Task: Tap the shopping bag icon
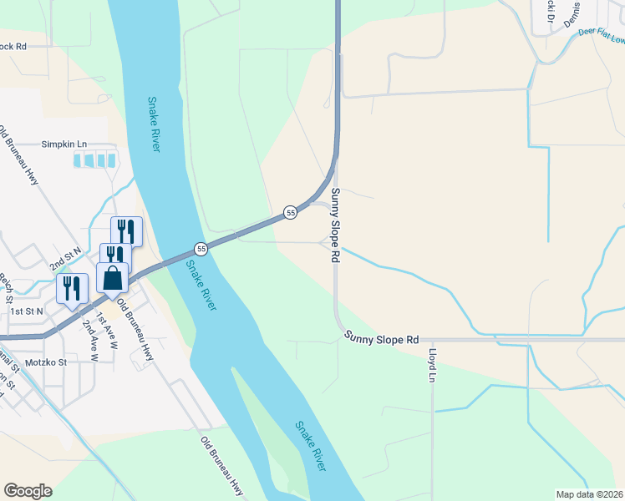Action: point(113,278)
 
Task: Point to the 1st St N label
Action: point(26,311)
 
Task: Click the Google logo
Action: point(28,491)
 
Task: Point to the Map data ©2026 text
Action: point(589,494)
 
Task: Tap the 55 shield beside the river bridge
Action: point(201,249)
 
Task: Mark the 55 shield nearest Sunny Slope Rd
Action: point(290,213)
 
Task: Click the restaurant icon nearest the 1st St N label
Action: point(72,289)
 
